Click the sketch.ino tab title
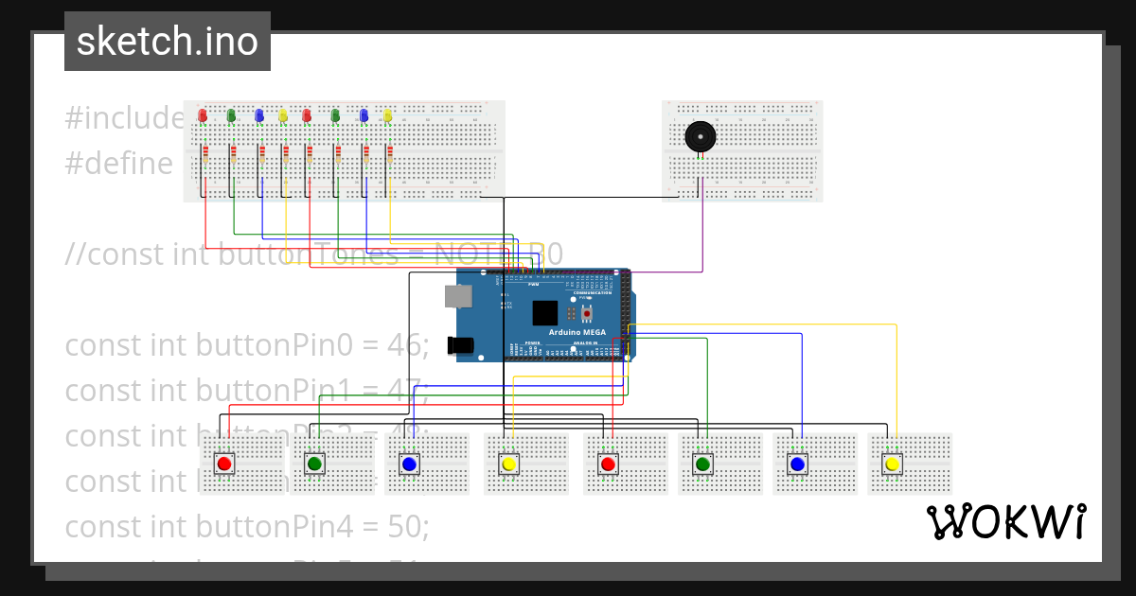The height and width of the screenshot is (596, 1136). (x=167, y=42)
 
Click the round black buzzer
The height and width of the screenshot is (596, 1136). (x=700, y=136)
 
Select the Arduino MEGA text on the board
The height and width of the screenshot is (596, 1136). (x=577, y=332)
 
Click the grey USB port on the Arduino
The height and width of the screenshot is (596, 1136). (x=459, y=296)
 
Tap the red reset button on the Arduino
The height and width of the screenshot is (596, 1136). (x=587, y=313)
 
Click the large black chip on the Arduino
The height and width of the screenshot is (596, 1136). (x=545, y=313)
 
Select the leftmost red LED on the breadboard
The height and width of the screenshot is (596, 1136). (x=203, y=115)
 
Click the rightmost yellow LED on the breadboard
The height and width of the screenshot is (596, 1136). (x=387, y=115)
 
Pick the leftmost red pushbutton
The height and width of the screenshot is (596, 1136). (x=224, y=464)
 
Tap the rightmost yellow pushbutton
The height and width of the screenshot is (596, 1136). (x=891, y=464)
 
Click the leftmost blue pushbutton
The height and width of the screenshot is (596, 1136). (x=409, y=464)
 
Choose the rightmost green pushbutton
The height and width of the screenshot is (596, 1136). (x=702, y=464)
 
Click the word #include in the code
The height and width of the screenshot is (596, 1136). (x=124, y=118)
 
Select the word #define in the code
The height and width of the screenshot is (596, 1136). (x=119, y=164)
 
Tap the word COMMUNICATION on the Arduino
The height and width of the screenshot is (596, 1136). (x=592, y=293)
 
